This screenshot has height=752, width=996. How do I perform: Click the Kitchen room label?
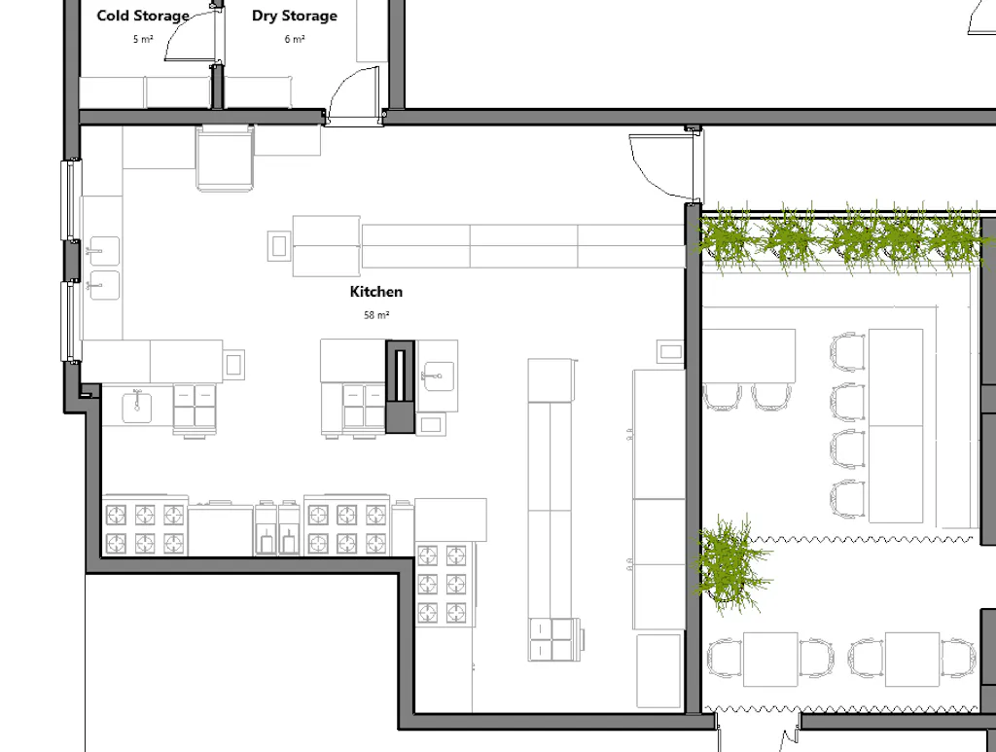coord(376,292)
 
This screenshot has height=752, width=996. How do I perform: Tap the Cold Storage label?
coord(143,16)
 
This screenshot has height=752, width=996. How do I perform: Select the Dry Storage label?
coord(294,16)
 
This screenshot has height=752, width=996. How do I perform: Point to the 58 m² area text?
coord(376,315)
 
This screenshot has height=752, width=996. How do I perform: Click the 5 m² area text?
coord(143,39)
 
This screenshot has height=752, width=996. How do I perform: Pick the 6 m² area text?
coord(294,39)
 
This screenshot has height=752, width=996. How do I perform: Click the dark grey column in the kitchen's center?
coord(400,387)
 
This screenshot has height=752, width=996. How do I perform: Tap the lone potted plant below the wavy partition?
coord(731,564)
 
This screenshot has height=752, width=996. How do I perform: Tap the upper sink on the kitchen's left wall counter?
coord(103,250)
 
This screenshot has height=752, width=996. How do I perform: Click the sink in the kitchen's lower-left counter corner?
coord(136,407)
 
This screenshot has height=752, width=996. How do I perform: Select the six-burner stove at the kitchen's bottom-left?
coord(145,528)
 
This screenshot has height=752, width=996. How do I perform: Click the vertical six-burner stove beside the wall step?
coord(443,584)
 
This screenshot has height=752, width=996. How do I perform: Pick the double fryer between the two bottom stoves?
coord(278,529)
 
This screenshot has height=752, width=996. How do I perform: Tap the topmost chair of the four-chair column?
coord(848,352)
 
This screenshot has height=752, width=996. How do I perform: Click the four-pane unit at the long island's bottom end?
coord(552,639)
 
